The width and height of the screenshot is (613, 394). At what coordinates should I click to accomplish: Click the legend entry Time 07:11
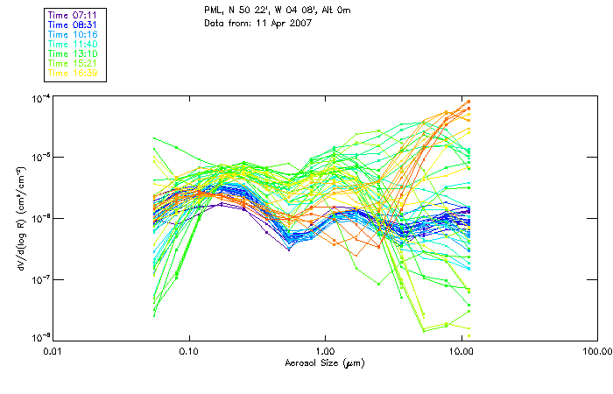click(x=73, y=15)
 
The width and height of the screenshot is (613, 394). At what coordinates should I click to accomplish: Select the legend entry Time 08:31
click(x=73, y=25)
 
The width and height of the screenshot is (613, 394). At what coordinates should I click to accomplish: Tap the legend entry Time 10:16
click(x=73, y=34)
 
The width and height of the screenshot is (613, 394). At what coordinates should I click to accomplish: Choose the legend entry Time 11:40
click(x=73, y=44)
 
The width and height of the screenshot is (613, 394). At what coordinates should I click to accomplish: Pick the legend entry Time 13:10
click(x=73, y=53)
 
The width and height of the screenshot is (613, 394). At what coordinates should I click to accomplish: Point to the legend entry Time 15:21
click(x=73, y=63)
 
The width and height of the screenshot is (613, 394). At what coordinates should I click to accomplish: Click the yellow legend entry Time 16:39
click(x=73, y=73)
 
